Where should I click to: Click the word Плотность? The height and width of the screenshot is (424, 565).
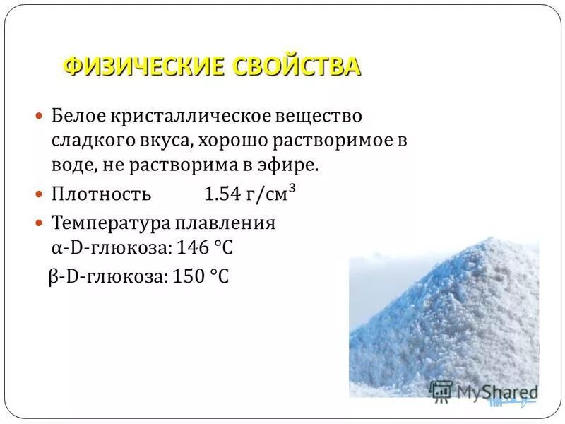pos(102,194)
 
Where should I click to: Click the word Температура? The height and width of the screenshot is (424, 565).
pos(112,223)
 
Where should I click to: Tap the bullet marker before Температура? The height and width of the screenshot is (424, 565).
pos(40,223)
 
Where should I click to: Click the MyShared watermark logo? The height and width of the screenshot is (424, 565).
pos(484,391)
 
